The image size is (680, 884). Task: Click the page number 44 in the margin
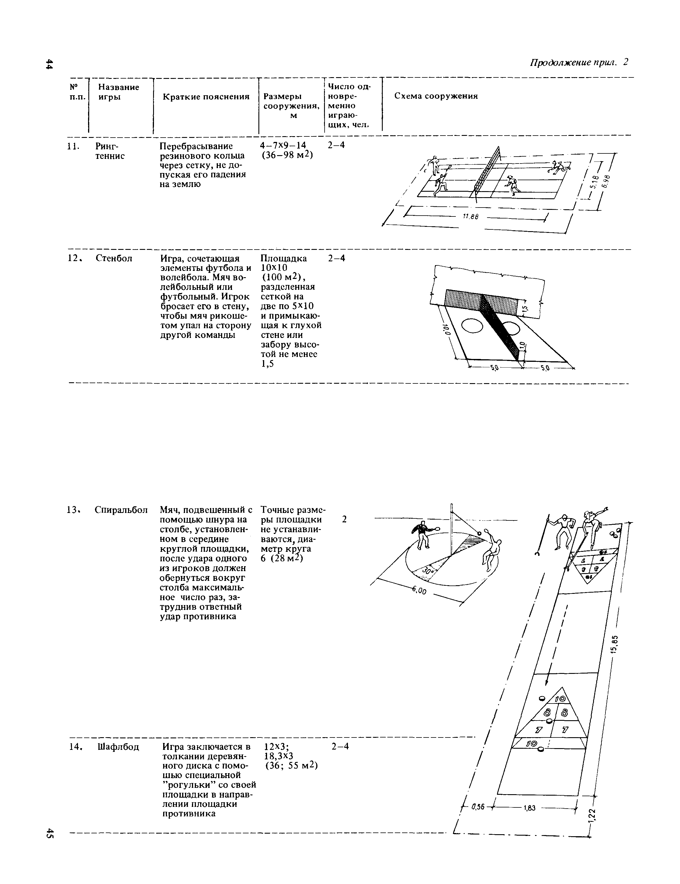click(49, 64)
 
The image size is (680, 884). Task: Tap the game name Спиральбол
click(121, 510)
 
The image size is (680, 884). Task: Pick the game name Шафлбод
click(118, 747)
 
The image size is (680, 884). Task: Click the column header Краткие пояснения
click(206, 96)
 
